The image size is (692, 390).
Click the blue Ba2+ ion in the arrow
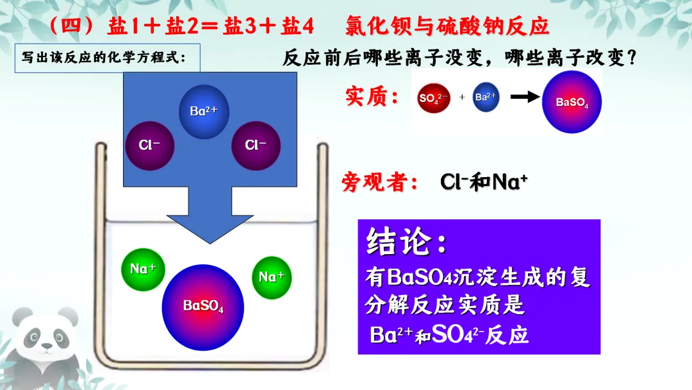[204, 112]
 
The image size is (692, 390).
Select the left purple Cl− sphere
[149, 145]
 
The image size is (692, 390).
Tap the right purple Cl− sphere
[256, 145]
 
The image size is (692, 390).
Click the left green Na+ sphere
[143, 269]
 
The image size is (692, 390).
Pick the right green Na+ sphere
[272, 277]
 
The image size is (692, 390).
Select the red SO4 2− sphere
[434, 98]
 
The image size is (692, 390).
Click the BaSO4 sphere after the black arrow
[572, 101]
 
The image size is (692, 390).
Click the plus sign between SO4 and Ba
[462, 98]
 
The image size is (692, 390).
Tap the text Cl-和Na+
[484, 182]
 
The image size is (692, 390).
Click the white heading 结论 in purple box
[406, 242]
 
